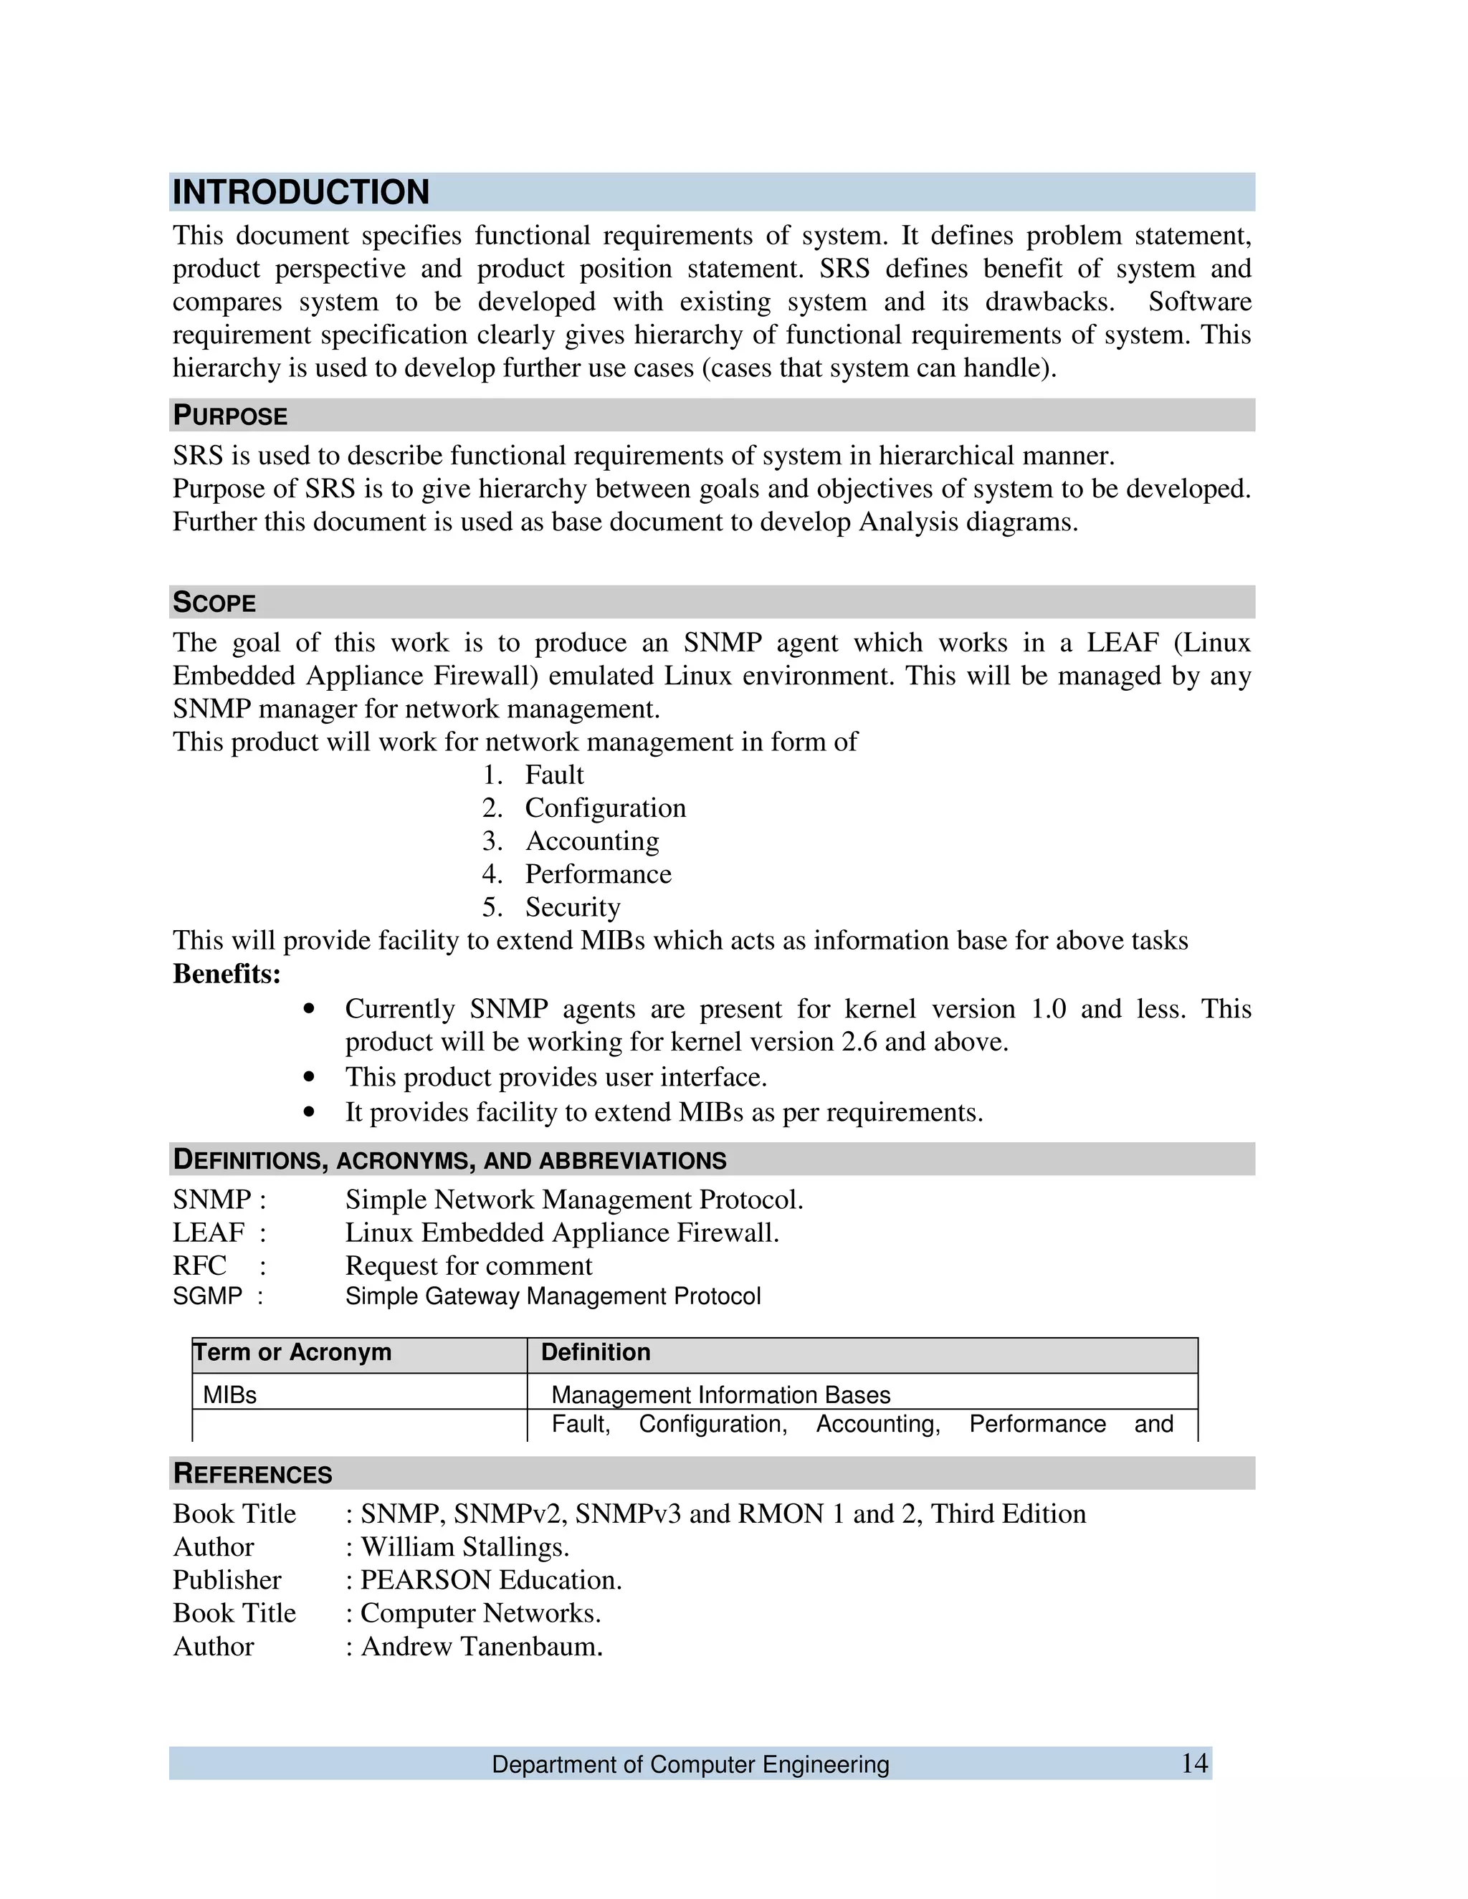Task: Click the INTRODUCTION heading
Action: click(301, 192)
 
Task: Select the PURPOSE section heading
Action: click(231, 416)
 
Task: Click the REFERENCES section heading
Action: click(253, 1474)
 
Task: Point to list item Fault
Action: click(554, 775)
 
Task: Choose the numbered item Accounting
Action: click(591, 841)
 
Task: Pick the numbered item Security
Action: click(572, 907)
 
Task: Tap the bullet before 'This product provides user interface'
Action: click(309, 1077)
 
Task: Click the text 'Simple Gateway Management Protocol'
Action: click(553, 1296)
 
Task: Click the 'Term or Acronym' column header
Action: click(292, 1352)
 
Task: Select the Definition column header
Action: click(596, 1352)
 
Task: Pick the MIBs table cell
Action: click(229, 1395)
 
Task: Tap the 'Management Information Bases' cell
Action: click(721, 1395)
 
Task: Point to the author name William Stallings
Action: click(465, 1547)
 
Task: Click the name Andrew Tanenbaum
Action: click(482, 1646)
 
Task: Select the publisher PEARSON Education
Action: click(491, 1580)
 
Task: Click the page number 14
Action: click(1194, 1764)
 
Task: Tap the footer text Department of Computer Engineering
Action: click(690, 1764)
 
